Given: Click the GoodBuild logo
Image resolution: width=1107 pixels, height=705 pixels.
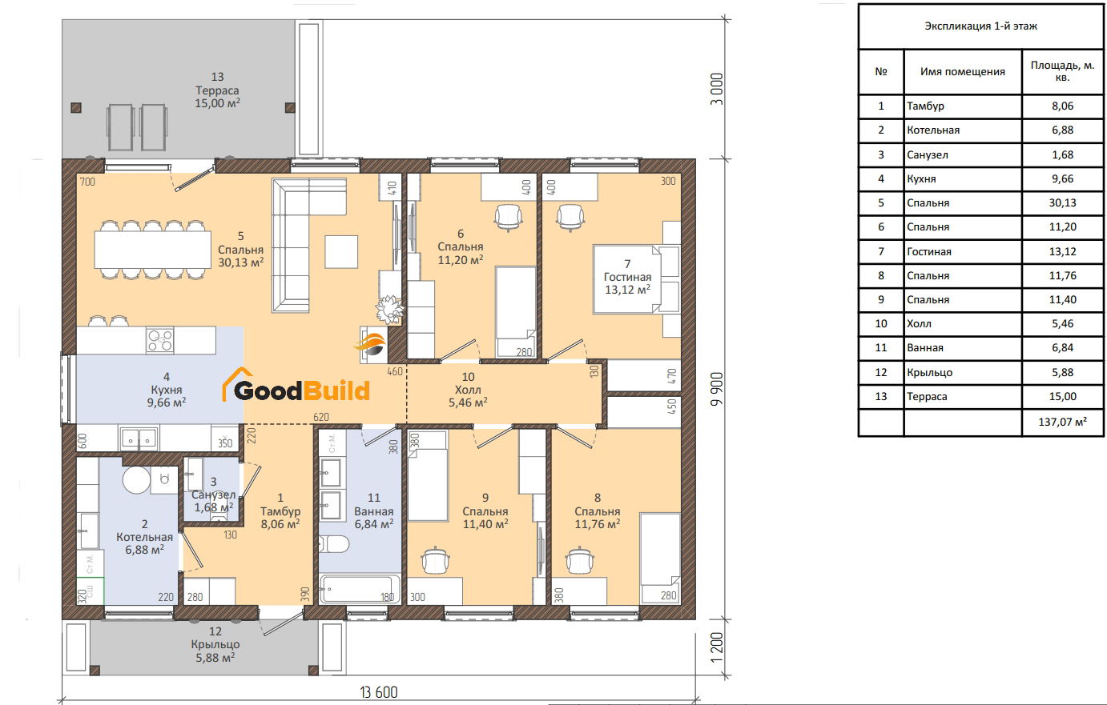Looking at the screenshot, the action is click(296, 385).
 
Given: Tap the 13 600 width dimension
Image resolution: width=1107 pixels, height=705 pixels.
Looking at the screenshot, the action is click(379, 692).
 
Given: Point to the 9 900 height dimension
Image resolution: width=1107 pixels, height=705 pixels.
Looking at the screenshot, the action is click(717, 389).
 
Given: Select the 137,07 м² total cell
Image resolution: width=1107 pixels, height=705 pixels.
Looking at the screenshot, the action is click(1062, 422).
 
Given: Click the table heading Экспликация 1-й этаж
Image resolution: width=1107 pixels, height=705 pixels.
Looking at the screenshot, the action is click(980, 26).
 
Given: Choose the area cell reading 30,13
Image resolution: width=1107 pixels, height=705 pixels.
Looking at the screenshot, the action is click(1062, 203).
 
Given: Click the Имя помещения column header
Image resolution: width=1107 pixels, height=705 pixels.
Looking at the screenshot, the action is click(962, 71).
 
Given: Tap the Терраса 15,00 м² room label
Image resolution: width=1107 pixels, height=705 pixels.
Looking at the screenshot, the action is click(217, 90).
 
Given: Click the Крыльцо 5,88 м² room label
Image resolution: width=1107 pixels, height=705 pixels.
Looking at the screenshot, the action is click(215, 644).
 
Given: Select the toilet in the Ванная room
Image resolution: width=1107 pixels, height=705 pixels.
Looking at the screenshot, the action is click(334, 544).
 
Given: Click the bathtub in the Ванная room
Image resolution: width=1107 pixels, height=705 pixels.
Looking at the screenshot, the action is click(360, 588).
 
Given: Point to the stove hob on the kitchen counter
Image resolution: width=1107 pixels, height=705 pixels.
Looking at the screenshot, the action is click(160, 339).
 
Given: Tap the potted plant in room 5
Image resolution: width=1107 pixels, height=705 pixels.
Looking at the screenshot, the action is click(390, 310).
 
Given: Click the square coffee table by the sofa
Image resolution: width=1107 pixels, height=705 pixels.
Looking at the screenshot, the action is click(341, 252).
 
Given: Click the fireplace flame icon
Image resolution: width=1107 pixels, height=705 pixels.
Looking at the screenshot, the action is click(371, 344).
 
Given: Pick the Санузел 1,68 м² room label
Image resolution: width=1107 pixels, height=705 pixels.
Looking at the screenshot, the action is click(214, 495).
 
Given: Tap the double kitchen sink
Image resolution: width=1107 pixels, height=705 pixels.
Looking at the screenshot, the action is click(139, 438).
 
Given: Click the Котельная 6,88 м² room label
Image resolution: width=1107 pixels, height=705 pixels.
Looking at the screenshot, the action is click(144, 537).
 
